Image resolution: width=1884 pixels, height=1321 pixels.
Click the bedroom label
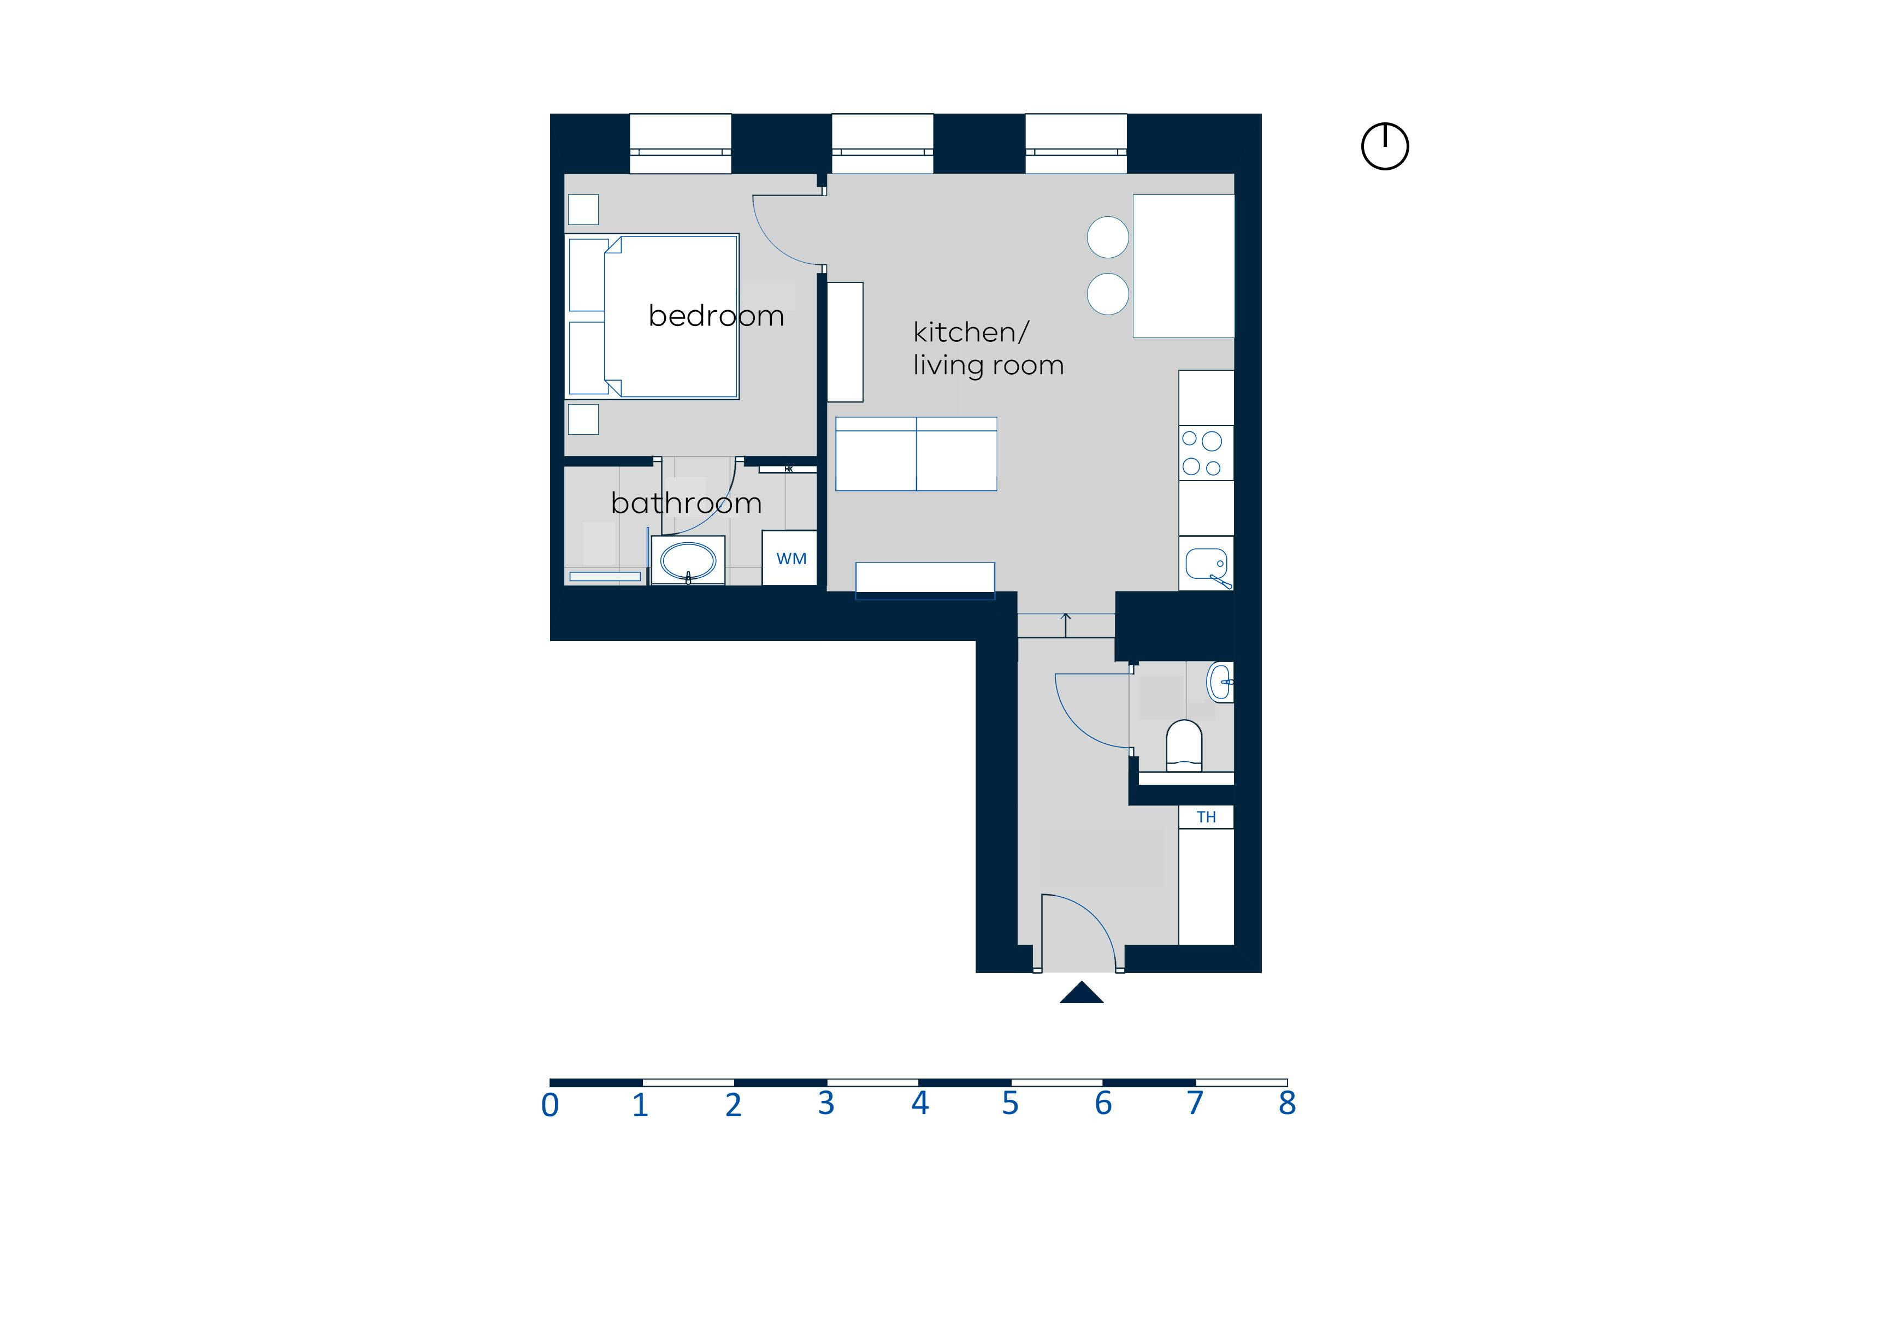(x=716, y=316)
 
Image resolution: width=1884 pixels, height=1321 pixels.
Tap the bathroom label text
(x=686, y=503)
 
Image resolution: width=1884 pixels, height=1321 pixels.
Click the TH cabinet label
(x=1206, y=817)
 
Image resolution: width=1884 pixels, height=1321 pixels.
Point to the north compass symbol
(x=1384, y=147)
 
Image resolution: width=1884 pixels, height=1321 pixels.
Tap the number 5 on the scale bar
(x=1010, y=1104)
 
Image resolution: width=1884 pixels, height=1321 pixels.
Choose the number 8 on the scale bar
(x=1286, y=1104)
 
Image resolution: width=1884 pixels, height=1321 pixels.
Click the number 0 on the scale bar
(x=550, y=1106)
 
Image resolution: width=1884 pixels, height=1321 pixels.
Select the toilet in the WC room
(x=1183, y=744)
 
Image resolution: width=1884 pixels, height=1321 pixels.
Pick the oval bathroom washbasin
(x=688, y=561)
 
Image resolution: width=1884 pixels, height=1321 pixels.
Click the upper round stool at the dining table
(x=1108, y=237)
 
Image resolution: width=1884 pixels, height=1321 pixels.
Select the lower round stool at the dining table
(x=1108, y=294)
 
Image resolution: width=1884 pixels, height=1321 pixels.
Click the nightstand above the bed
(x=583, y=209)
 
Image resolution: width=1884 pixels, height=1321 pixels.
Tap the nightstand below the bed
(x=583, y=419)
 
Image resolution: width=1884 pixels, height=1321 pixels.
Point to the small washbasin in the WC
(x=1220, y=682)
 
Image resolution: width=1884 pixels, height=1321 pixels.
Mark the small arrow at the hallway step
(x=1066, y=624)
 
